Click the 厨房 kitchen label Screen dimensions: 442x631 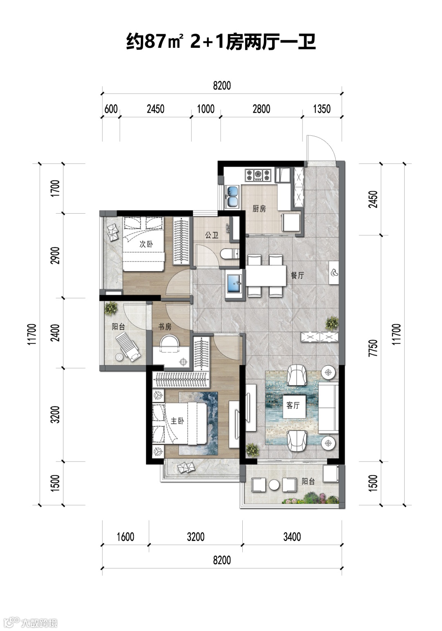[259, 209]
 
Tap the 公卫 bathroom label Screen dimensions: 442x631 [212, 234]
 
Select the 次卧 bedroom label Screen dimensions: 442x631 [146, 244]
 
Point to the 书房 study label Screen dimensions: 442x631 [165, 327]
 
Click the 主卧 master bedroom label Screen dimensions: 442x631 [178, 421]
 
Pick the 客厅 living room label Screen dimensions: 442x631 [293, 406]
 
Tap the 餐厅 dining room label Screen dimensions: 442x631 [297, 275]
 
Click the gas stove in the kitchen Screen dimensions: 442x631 [258, 175]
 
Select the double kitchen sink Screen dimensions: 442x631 [232, 197]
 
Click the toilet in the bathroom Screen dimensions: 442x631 [230, 255]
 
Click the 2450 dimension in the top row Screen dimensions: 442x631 [156, 109]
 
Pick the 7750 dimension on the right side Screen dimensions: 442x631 [373, 348]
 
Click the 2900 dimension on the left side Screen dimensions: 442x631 [56, 255]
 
